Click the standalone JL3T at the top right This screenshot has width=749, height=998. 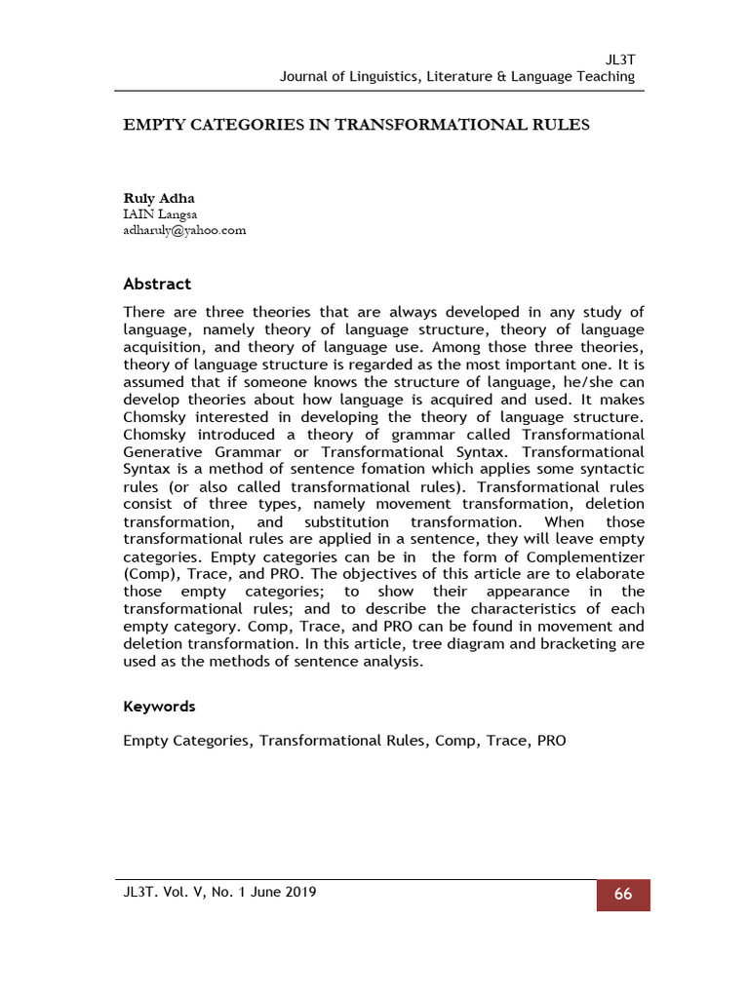620,59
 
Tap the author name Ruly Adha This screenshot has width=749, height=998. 158,198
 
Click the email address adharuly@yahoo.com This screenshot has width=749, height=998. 184,230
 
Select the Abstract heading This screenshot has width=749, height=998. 157,285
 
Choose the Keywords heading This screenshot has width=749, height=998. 159,707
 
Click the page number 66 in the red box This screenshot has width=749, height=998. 622,895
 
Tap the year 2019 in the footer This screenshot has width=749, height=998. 296,892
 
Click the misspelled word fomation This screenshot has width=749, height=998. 376,470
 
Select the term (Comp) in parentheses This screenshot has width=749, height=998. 150,575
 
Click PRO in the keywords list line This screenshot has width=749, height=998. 550,741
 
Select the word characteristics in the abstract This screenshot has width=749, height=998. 528,610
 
